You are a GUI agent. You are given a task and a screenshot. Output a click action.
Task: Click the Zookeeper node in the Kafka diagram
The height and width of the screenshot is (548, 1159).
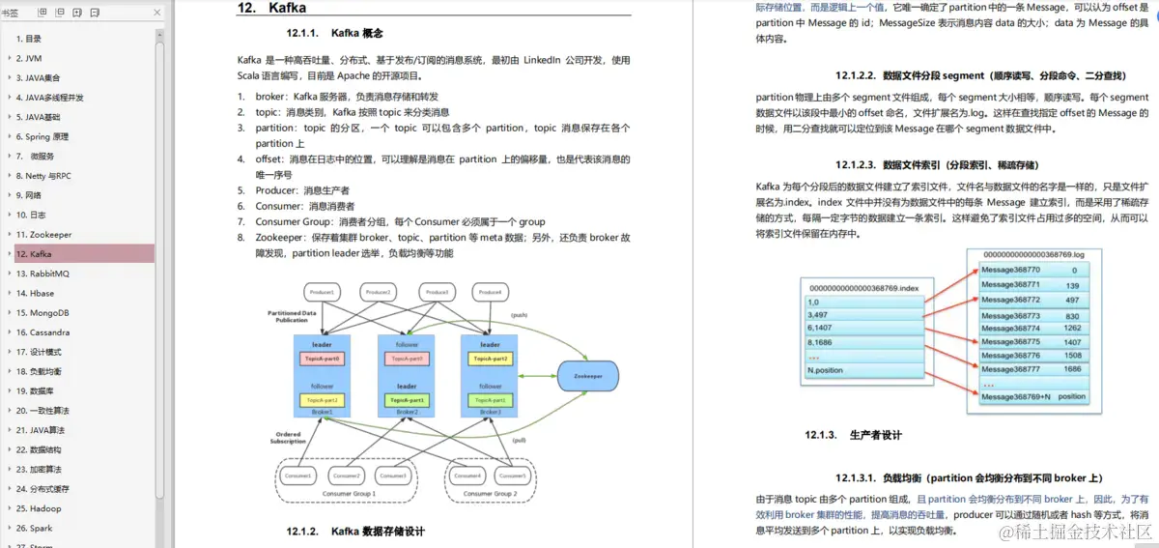coord(587,375)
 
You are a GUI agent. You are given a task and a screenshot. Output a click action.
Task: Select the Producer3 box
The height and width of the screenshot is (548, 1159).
coord(438,292)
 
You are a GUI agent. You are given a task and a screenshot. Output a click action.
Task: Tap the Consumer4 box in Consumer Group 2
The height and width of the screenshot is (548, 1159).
coord(467,476)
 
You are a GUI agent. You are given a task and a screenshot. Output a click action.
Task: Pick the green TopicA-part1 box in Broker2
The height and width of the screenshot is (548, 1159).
coord(407,400)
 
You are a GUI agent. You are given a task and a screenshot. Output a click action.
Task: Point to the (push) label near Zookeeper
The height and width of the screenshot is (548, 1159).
coord(518,316)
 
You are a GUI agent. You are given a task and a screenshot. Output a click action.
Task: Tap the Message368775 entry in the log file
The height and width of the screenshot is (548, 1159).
coord(1010,342)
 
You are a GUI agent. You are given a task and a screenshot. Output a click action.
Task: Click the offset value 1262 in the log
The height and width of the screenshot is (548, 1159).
coord(1072,329)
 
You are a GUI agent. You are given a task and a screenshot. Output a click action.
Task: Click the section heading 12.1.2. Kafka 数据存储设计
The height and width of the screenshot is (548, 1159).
coord(355,532)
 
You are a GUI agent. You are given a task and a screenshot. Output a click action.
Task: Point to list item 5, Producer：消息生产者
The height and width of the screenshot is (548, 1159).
coord(302,190)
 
